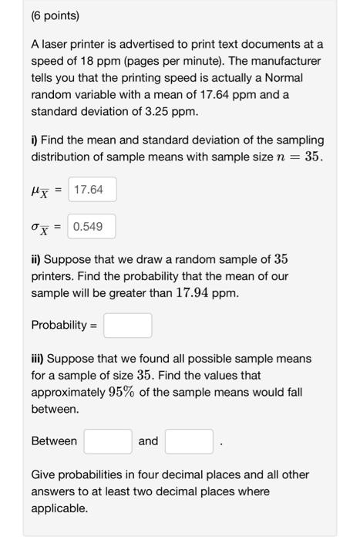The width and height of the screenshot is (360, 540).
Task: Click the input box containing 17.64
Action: coord(93,189)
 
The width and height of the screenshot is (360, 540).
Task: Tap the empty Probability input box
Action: coord(128,326)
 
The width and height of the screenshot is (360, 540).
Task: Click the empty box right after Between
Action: coord(108,441)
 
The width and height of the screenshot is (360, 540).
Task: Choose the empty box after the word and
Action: coord(188,441)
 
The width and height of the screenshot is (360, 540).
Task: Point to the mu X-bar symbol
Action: coord(43,190)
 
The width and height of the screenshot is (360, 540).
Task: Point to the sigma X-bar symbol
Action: coord(43,228)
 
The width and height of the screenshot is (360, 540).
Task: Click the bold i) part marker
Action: coord(35,140)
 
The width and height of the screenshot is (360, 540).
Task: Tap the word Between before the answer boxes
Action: coord(54,441)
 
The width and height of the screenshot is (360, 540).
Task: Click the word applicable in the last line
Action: coord(59,509)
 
